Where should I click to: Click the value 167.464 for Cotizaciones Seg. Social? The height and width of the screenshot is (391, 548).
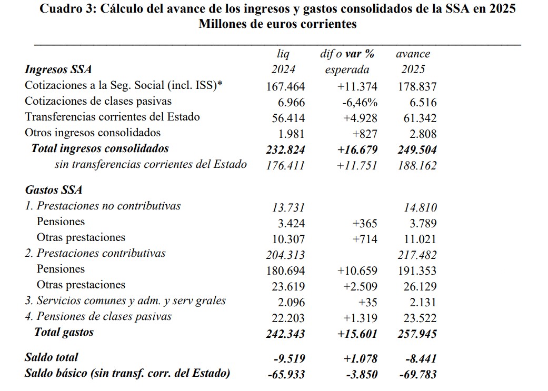coord(285,86)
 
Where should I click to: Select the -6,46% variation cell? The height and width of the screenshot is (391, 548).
coord(359,102)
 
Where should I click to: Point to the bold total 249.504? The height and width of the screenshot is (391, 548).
coord(417,149)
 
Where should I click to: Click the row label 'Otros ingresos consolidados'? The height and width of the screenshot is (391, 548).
coord(93,133)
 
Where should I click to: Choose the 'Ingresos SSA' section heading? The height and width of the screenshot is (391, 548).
coord(58,69)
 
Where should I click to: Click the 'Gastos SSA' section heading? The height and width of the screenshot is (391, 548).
coord(54,190)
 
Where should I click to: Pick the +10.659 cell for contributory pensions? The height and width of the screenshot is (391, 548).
coord(357,270)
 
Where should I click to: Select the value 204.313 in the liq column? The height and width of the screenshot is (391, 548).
coord(285,255)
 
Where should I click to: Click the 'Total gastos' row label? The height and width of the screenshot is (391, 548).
coord(64,332)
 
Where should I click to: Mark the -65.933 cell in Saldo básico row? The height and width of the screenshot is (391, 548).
coord(286,374)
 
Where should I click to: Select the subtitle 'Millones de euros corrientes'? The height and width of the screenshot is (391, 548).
coord(277,24)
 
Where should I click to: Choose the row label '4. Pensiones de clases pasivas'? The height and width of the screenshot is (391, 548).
coord(98,316)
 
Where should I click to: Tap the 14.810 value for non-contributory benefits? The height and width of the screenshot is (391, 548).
coord(420,207)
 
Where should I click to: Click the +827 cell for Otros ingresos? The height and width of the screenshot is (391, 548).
coord(365,134)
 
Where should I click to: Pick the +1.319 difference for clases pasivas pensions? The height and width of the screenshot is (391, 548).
coord(360,318)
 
